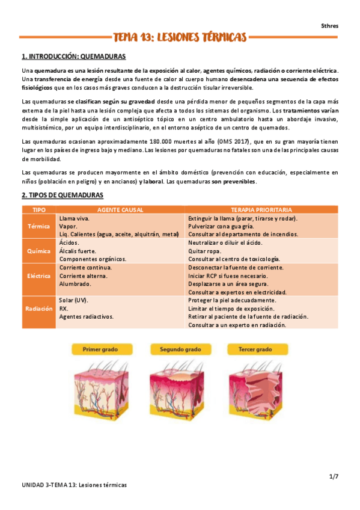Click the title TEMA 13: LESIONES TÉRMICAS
point(180,38)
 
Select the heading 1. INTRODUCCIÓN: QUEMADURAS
point(73,57)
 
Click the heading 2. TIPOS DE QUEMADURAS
point(63,195)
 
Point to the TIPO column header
point(39,209)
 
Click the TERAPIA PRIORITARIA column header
point(261,209)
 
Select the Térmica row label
point(39,226)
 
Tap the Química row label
point(39,250)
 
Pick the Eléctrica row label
point(39,275)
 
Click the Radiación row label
point(39,308)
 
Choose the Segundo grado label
point(180,349)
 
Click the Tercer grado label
point(255,349)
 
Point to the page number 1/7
point(334,476)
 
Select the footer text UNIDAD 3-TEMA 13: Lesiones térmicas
point(75,485)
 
